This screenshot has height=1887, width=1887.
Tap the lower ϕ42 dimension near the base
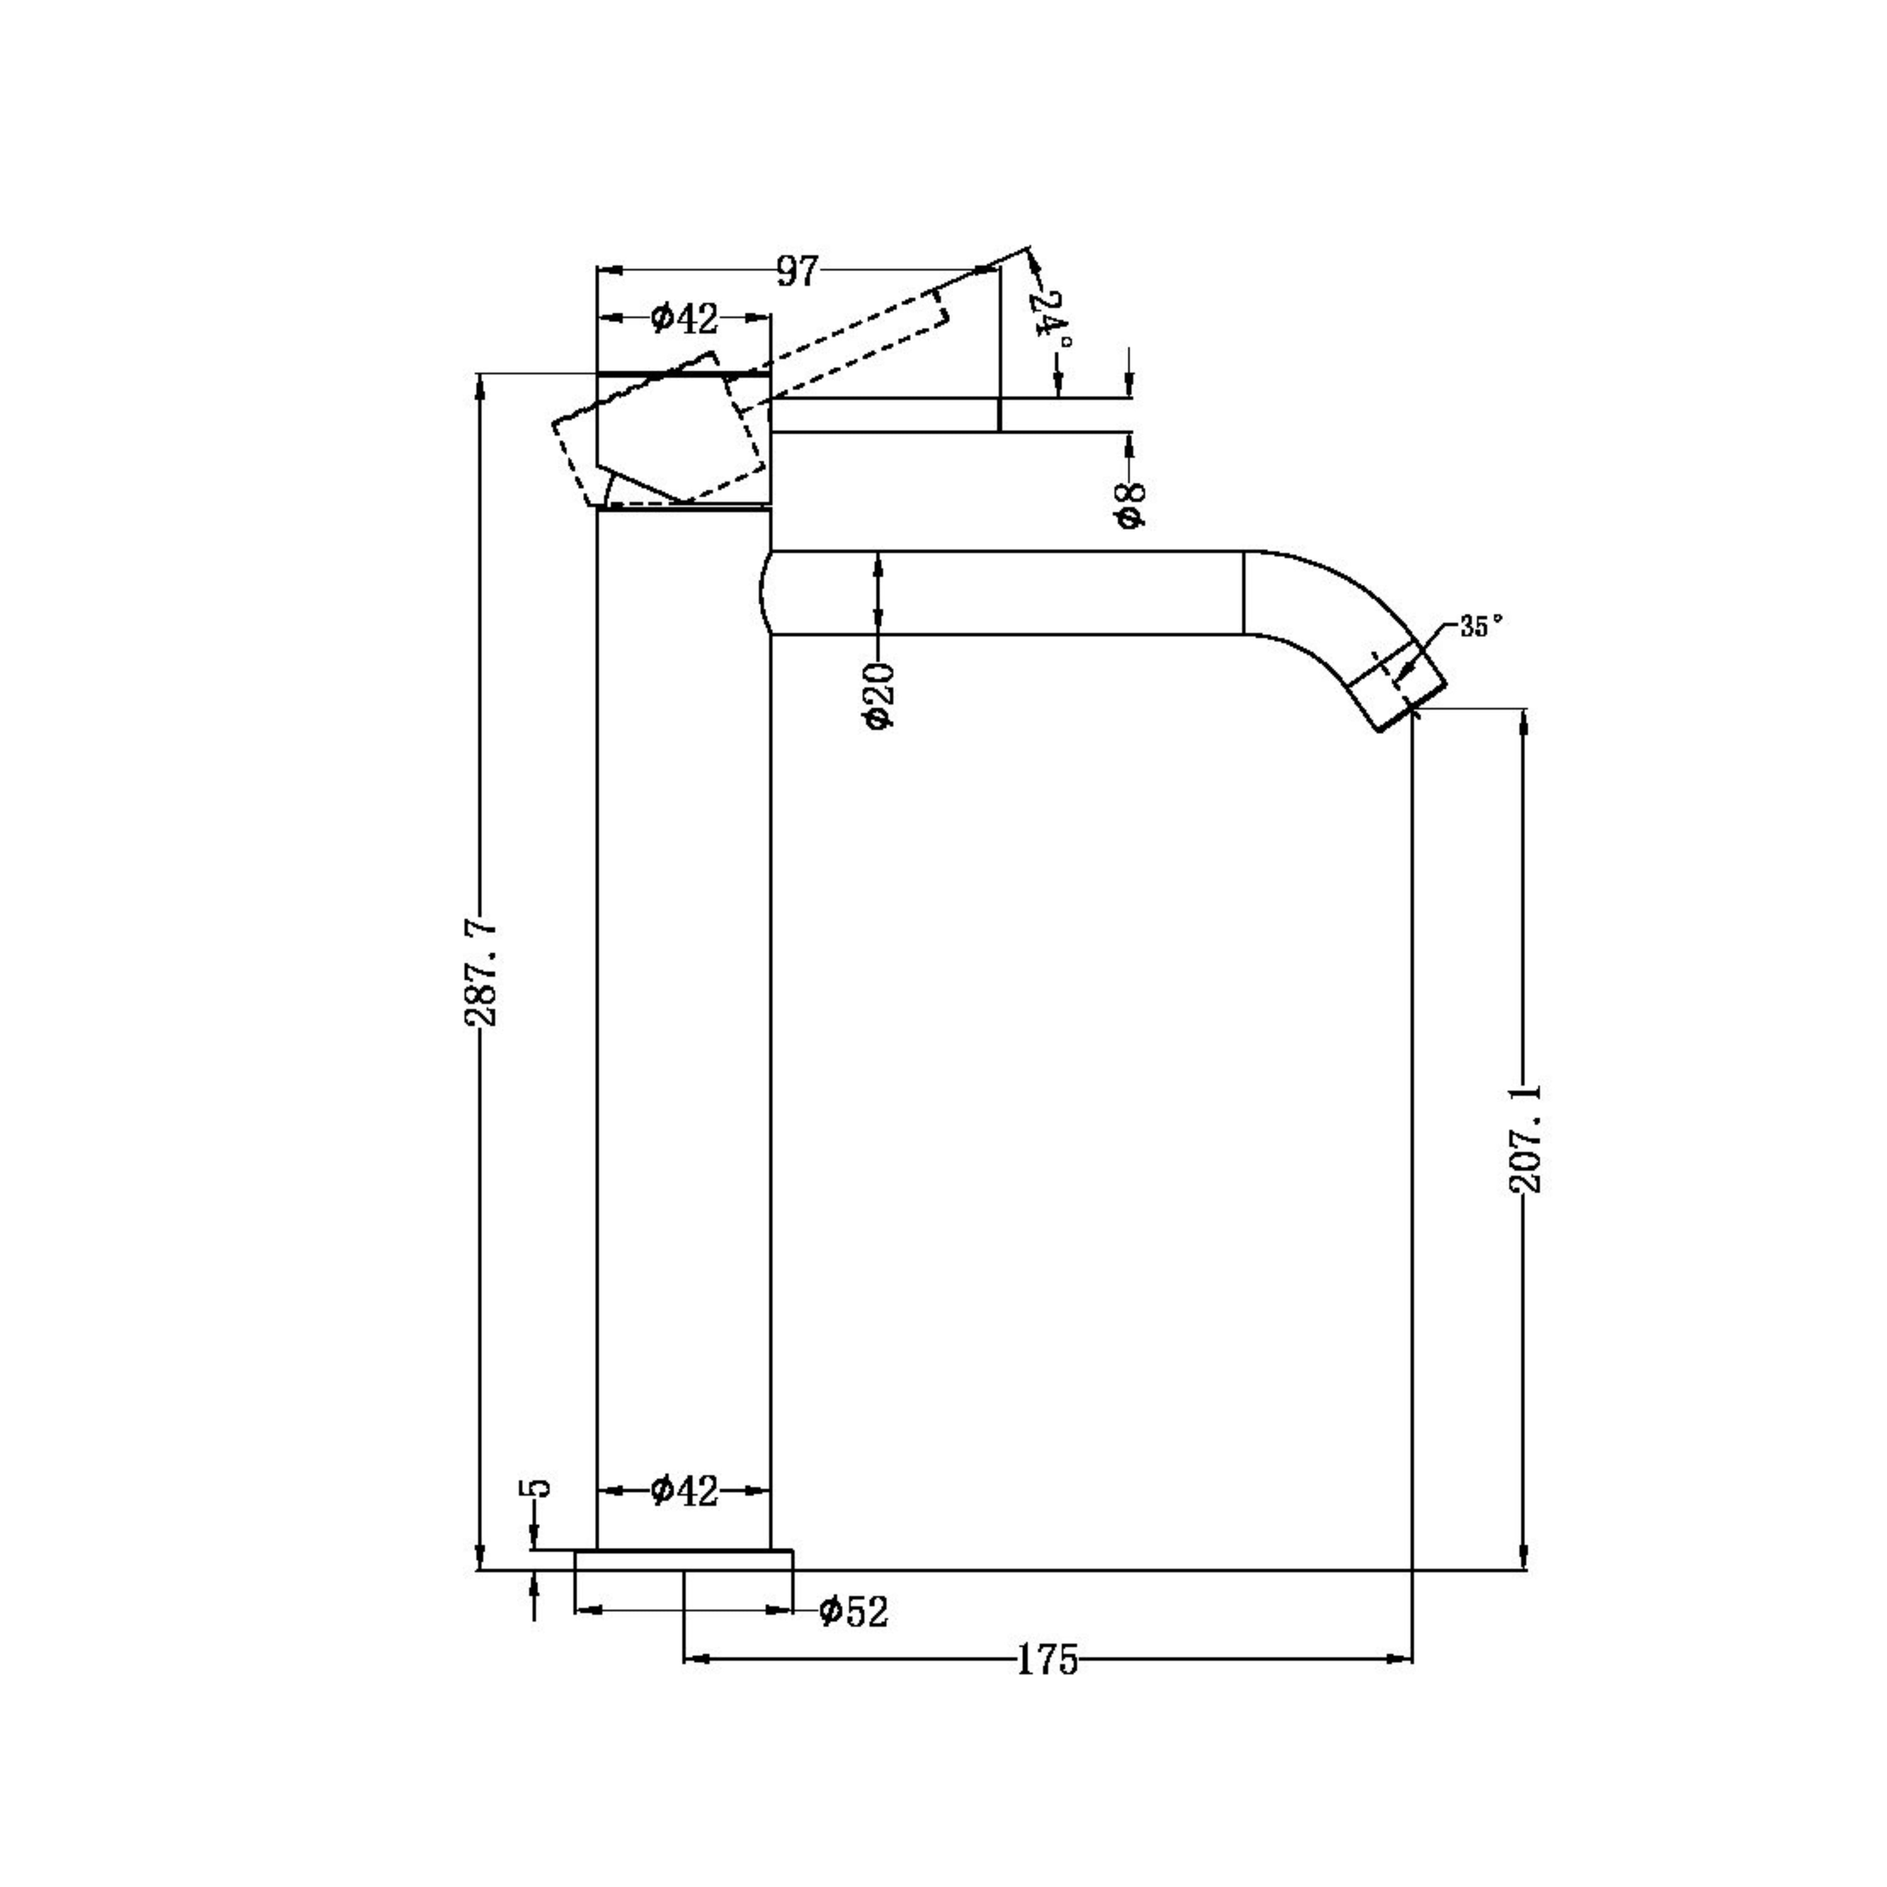pyautogui.click(x=684, y=1490)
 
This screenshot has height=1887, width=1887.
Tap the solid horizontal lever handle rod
pyautogui.click(x=884, y=415)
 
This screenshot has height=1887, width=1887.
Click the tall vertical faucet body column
pyautogui.click(x=684, y=1026)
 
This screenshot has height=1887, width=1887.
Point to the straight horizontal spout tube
pyautogui.click(x=1006, y=593)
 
